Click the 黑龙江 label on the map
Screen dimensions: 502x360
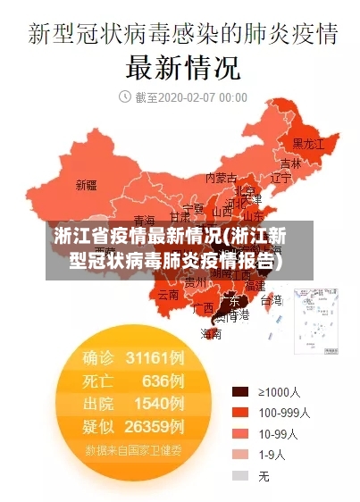tap(309, 143)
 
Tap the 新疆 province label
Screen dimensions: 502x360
tap(87, 186)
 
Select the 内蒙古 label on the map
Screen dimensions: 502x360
tap(221, 178)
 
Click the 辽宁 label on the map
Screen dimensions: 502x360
tap(281, 178)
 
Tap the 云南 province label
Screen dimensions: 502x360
tap(168, 294)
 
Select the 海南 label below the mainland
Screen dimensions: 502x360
tap(211, 334)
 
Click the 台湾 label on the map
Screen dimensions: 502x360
tap(272, 300)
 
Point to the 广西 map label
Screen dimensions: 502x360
tap(203, 307)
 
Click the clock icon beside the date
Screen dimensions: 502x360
tap(125, 96)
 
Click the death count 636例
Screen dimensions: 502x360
tap(163, 381)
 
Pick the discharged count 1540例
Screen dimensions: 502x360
tap(159, 403)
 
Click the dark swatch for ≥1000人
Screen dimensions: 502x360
tap(240, 391)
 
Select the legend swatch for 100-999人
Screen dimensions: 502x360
tap(240, 413)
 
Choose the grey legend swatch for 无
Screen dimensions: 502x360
tap(240, 476)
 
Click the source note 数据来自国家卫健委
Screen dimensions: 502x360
tap(134, 450)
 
